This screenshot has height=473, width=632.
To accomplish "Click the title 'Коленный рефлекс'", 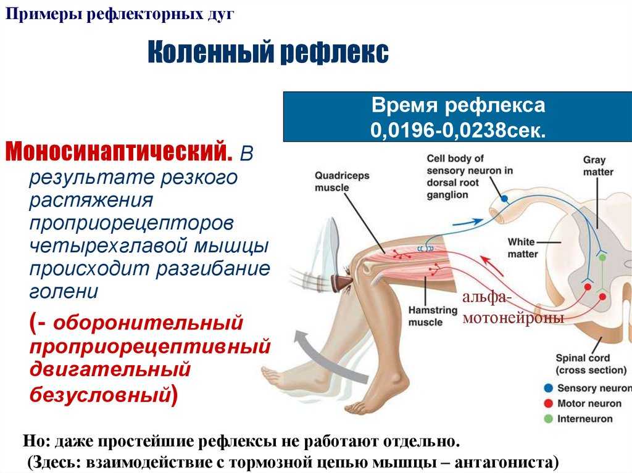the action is (x=268, y=52).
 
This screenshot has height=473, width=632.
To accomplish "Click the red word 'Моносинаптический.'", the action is (x=119, y=151).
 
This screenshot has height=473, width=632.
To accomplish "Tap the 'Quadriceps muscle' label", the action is (x=342, y=182).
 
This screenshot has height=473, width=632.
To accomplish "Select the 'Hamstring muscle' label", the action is (x=433, y=316).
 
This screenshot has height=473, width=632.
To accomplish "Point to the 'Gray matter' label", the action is (x=598, y=166).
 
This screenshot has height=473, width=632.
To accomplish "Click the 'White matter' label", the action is (x=522, y=248).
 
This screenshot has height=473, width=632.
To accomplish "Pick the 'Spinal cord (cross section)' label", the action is (x=591, y=364).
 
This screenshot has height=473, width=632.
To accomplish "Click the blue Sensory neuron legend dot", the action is (x=548, y=388).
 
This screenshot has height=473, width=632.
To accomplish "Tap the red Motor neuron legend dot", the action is (x=548, y=403).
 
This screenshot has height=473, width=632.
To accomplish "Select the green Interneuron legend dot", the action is (x=548, y=419).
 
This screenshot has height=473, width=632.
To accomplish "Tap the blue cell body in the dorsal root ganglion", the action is (x=504, y=198).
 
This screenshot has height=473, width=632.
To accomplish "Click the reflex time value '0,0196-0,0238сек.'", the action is (x=458, y=130).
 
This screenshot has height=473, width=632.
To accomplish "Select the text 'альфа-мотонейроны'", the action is (x=513, y=307).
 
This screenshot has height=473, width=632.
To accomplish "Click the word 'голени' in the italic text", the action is (x=64, y=291).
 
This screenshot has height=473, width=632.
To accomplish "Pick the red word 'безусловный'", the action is (x=101, y=394).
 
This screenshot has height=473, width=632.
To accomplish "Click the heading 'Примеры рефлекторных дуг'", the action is (x=120, y=15).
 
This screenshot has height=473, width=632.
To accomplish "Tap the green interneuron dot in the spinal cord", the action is (x=602, y=257).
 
